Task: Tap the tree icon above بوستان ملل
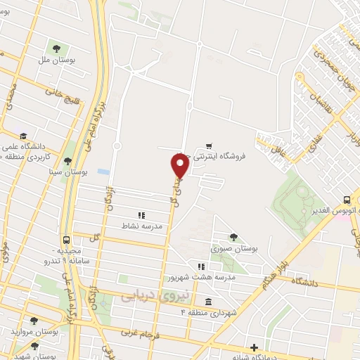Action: (x=56, y=49)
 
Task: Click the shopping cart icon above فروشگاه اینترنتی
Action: (x=209, y=146)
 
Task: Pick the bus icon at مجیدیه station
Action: (x=65, y=239)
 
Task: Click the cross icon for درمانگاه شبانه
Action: (x=254, y=347)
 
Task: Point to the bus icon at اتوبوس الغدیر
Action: (x=347, y=200)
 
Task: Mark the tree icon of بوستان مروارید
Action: (x=34, y=320)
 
